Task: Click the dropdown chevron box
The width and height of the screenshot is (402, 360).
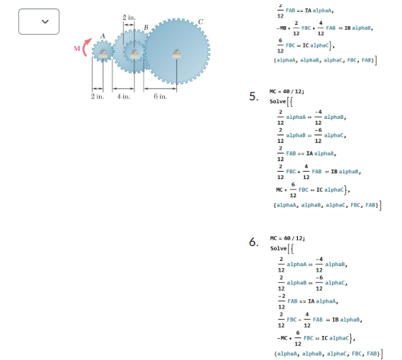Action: coord(39,22)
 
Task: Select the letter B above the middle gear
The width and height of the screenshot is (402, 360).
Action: coord(146,28)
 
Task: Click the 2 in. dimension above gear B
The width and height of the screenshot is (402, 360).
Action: coord(129,16)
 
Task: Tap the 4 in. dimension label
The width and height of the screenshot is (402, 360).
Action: coord(122,95)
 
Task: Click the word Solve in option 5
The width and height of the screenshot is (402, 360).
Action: coord(279,102)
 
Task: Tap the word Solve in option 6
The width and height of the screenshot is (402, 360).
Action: coord(279,248)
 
